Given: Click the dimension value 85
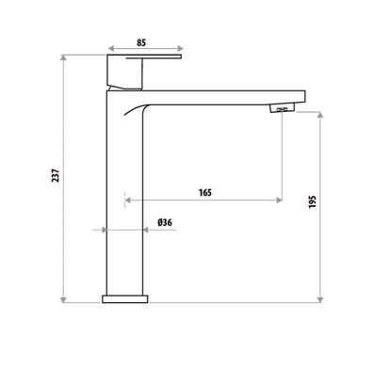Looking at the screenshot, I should pos(140,40).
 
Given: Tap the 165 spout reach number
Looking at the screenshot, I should pos(204,192).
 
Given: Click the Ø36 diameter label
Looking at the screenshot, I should pos(163,222).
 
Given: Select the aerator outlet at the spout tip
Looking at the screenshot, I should pos(282,111).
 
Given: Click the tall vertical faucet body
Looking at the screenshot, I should pos(126,207).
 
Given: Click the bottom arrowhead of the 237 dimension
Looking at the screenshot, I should pos(64,300).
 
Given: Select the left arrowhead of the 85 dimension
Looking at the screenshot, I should pos(110,50).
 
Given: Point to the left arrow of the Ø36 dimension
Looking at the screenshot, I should pos(106,229).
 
